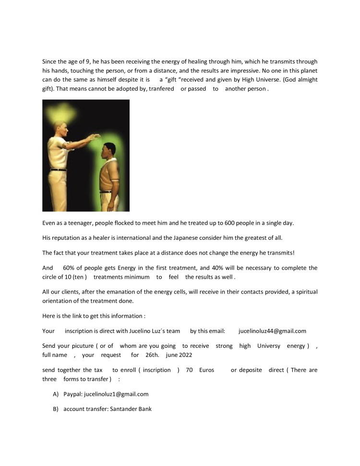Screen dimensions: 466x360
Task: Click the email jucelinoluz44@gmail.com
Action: click(x=272, y=331)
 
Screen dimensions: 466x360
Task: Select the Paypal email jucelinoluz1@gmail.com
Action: click(x=116, y=394)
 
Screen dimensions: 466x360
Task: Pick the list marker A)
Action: click(x=56, y=394)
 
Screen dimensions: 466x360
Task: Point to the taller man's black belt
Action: click(x=58, y=169)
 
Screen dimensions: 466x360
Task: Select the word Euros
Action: click(x=207, y=370)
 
